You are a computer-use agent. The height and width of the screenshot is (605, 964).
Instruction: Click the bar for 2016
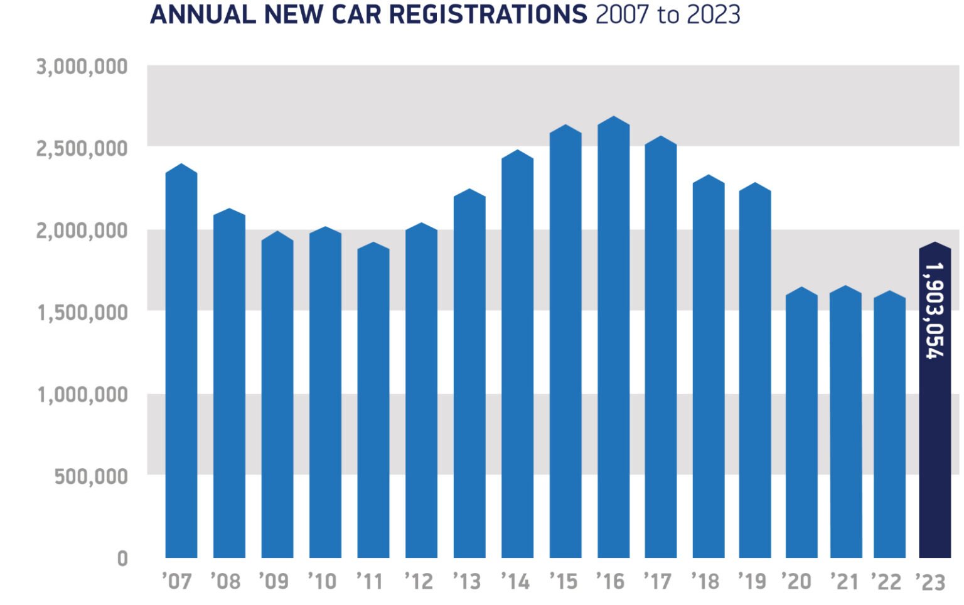click(x=613, y=339)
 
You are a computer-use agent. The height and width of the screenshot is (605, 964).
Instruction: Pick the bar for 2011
click(x=373, y=402)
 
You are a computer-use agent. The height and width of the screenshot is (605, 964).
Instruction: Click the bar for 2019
click(x=754, y=371)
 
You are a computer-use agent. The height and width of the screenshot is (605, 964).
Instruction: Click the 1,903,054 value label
click(x=935, y=310)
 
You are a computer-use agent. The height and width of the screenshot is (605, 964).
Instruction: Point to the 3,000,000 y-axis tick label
click(x=82, y=67)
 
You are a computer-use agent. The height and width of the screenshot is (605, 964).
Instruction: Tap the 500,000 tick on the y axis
click(x=91, y=477)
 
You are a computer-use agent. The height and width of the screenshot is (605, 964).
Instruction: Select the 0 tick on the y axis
click(x=122, y=559)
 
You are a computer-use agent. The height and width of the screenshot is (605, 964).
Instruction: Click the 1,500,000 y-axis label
click(x=82, y=312)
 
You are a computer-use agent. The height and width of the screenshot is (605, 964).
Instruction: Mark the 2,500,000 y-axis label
click(x=82, y=149)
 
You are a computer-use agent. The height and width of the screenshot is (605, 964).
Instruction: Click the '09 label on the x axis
click(x=274, y=582)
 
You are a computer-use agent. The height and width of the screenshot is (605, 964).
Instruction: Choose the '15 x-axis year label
click(x=563, y=582)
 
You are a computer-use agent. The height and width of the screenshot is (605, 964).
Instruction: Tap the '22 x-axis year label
click(x=886, y=582)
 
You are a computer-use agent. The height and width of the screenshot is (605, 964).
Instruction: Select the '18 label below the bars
click(x=705, y=582)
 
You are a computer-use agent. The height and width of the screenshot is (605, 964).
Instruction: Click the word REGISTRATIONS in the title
click(x=488, y=14)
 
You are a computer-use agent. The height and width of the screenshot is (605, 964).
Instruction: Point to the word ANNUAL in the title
click(x=203, y=14)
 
